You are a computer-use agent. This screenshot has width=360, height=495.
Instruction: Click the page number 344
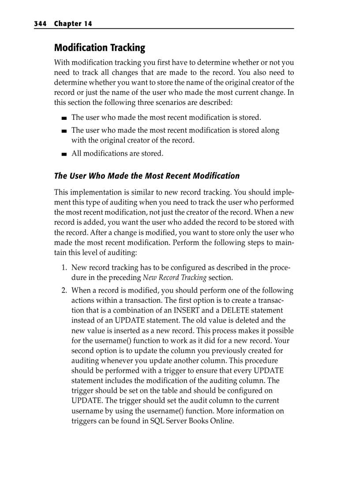tap(41, 24)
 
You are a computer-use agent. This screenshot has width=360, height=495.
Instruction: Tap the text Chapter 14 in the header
tap(73, 24)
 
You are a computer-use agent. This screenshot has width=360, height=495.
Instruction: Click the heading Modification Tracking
tap(99, 48)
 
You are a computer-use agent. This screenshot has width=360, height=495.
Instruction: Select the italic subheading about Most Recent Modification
tap(146, 176)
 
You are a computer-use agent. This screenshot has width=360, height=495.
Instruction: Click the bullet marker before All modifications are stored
tap(64, 154)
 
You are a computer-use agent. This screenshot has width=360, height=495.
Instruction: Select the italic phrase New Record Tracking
tap(175, 278)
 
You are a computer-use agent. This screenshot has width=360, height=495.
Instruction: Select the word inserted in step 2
tap(121, 331)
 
